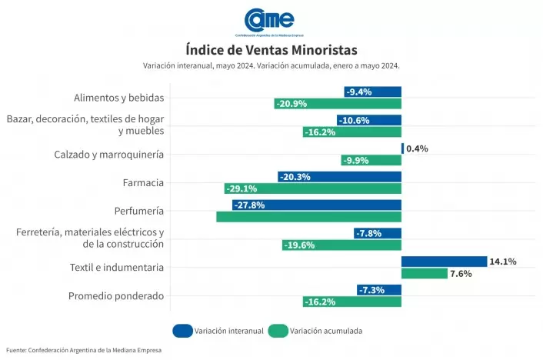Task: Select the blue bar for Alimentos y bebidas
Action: (372, 92)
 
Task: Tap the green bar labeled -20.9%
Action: (338, 103)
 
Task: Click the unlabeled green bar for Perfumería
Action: (308, 217)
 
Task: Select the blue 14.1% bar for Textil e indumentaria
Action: (444, 262)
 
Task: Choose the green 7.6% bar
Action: (424, 273)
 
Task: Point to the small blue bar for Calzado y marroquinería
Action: (402, 148)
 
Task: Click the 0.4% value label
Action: (417, 148)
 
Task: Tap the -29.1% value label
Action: (241, 188)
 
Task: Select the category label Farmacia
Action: (143, 182)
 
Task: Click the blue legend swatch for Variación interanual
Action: (183, 331)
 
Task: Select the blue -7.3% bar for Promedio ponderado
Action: (378, 290)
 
